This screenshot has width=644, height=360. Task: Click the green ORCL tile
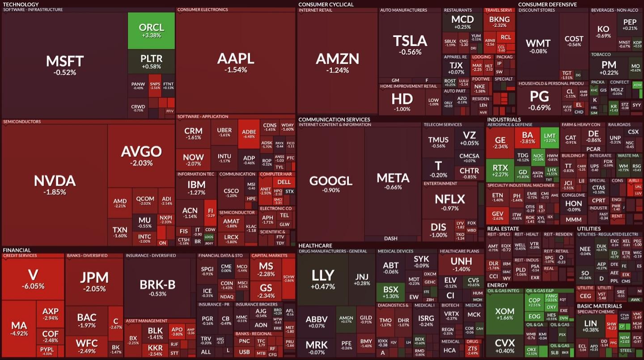coord(151,30)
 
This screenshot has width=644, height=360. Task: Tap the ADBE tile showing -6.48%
coord(249,134)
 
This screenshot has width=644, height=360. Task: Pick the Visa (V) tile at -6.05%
coord(33,278)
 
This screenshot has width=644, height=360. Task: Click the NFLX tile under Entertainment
coord(449,202)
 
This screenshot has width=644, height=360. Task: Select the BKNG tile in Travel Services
coord(499,21)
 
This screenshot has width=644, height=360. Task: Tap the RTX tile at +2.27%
coord(500,170)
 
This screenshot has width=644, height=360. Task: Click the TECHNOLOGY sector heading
coord(21,4)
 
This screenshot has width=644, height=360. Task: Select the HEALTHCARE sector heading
coord(315,246)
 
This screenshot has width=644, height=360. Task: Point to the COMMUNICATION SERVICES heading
coord(334,119)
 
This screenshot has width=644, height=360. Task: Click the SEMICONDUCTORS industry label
coord(22,122)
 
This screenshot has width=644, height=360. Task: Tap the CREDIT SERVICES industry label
coord(21,256)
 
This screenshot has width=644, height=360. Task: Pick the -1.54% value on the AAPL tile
coord(235,70)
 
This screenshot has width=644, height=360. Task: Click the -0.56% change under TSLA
coord(410,52)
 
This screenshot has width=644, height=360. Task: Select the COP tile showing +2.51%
coord(534,303)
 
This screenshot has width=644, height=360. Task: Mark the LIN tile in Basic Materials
coord(590,326)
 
